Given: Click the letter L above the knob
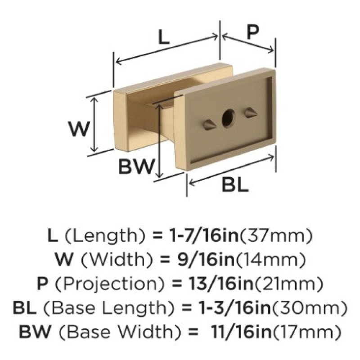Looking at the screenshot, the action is pos(164,37).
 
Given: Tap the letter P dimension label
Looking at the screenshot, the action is pos(253,31).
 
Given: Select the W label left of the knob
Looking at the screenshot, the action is pos(78,129).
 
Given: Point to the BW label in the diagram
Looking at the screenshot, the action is pos(135,166).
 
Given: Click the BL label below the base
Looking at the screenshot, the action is pos(235,185).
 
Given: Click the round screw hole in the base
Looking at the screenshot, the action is pos(229,118).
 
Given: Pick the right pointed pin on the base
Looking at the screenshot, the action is pos(251,113).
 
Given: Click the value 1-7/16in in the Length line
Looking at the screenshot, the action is pos(203,236).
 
